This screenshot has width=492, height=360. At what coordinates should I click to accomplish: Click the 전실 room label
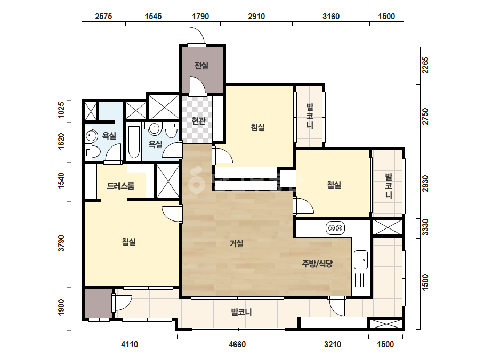pyautogui.click(x=201, y=66)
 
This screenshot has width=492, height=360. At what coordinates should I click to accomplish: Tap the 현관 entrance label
pyautogui.click(x=198, y=121)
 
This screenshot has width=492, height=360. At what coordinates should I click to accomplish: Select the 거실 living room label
pyautogui.click(x=237, y=243)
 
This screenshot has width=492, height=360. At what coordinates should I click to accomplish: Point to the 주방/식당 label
pyautogui.click(x=317, y=264)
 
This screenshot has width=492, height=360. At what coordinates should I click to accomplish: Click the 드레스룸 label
pyautogui.click(x=120, y=186)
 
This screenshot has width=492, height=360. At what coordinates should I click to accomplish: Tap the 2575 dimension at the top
pyautogui.click(x=103, y=17)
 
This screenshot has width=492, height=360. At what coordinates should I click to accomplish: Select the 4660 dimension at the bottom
pyautogui.click(x=237, y=345)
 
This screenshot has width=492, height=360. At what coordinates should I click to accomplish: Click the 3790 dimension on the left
pyautogui.click(x=61, y=243)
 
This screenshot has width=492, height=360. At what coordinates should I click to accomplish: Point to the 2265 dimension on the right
pyautogui.click(x=425, y=65)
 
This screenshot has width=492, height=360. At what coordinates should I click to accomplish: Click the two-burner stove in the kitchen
pyautogui.click(x=335, y=228)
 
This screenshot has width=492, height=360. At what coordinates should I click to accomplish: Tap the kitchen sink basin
pyautogui.click(x=361, y=260)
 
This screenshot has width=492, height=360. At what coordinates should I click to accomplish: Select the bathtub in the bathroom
pyautogui.click(x=134, y=142)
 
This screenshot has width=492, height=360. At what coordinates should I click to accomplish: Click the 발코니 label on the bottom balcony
pyautogui.click(x=241, y=312)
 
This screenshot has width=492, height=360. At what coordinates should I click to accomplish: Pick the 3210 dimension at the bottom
pyautogui.click(x=333, y=345)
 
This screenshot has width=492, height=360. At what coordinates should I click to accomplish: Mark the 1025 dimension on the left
pyautogui.click(x=61, y=110)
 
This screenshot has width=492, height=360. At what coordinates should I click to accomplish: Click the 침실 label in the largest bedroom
pyautogui.click(x=128, y=242)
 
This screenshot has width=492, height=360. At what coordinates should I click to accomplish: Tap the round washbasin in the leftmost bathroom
pyautogui.click(x=91, y=136)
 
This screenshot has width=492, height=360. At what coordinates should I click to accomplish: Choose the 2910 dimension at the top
pyautogui.click(x=256, y=17)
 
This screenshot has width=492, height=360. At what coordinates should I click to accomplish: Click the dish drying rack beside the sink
pyautogui.click(x=361, y=280)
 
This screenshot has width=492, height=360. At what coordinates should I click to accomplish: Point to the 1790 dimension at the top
pyautogui.click(x=200, y=17)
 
